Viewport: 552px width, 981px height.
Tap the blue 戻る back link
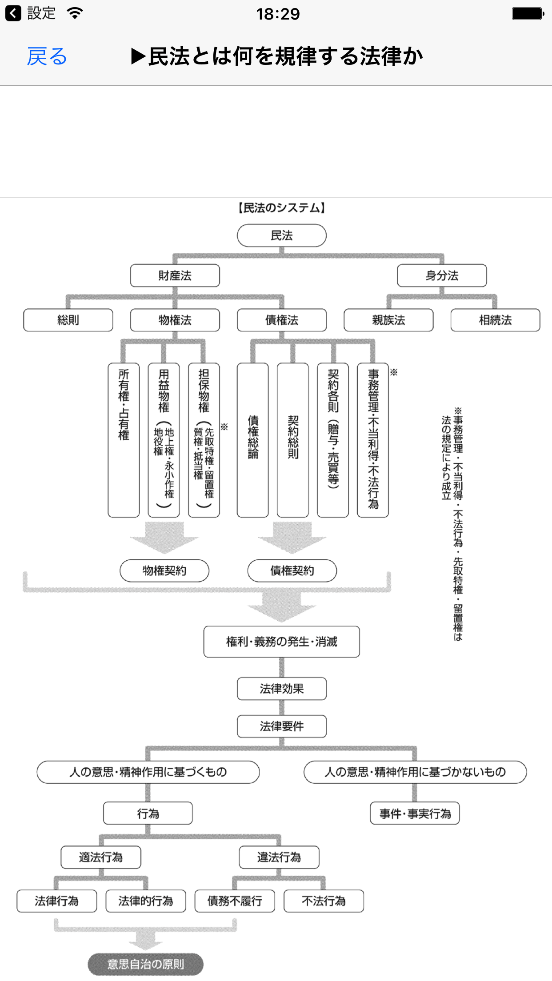pyautogui.click(x=47, y=57)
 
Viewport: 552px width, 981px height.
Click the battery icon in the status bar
pyautogui.click(x=528, y=14)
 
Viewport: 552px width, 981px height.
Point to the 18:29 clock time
pyautogui.click(x=278, y=14)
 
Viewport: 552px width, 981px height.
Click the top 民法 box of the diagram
pyautogui.click(x=282, y=235)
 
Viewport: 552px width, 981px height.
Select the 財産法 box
pyautogui.click(x=175, y=275)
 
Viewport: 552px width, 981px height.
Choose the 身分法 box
pyautogui.click(x=442, y=275)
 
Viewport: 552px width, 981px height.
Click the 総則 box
pyautogui.click(x=68, y=320)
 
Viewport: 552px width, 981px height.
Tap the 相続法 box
pyautogui.click(x=495, y=320)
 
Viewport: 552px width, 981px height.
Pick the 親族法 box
pyautogui.click(x=388, y=320)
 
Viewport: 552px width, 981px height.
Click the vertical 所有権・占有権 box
pyautogui.click(x=124, y=440)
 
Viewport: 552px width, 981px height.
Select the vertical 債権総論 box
pyautogui.click(x=253, y=440)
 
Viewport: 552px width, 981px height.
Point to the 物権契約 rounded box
pyautogui.click(x=164, y=570)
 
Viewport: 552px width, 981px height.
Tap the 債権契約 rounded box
pyautogui.click(x=292, y=570)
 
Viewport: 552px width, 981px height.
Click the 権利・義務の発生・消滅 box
pyautogui.click(x=282, y=642)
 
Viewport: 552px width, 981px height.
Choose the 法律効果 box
pyautogui.click(x=282, y=689)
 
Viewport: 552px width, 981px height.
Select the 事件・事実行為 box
pyautogui.click(x=415, y=814)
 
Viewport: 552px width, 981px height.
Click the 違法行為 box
pyautogui.click(x=279, y=857)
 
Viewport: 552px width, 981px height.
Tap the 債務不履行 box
pyautogui.click(x=235, y=901)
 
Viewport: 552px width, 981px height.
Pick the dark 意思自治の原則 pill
pyautogui.click(x=146, y=964)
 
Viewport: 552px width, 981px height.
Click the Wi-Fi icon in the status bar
pyautogui.click(x=75, y=13)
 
